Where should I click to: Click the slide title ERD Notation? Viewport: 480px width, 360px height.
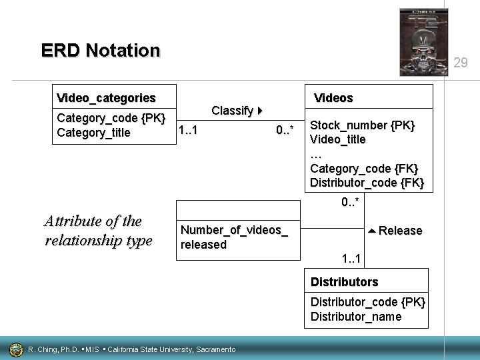(x=101, y=51)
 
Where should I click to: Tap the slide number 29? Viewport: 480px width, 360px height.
(x=460, y=63)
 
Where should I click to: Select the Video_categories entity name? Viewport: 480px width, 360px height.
(x=106, y=98)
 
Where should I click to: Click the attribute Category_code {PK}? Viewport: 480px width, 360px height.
(x=111, y=119)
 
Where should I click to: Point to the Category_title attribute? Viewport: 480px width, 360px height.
(x=94, y=133)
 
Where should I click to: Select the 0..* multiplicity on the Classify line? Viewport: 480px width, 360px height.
(x=285, y=131)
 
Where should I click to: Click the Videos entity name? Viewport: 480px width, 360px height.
(x=333, y=98)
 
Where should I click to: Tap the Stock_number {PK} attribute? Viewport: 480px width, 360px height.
(x=363, y=125)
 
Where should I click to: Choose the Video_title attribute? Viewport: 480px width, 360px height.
(x=338, y=139)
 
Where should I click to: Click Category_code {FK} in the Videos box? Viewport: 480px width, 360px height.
(x=364, y=169)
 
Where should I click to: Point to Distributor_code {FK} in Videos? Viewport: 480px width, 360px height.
(x=367, y=183)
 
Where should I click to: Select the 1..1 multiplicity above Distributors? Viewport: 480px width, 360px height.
(x=351, y=259)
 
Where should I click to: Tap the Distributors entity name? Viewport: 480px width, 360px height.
(x=344, y=282)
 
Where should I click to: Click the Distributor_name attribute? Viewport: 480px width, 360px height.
(x=356, y=316)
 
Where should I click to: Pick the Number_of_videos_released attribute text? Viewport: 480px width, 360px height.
(x=234, y=237)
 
